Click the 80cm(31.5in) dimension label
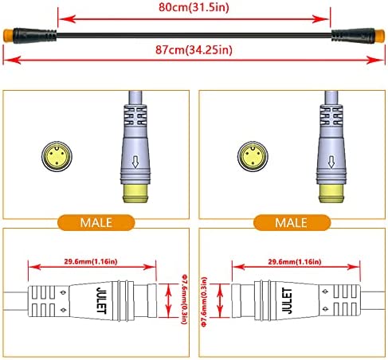pyautogui.click(x=194, y=7)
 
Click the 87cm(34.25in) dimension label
pyautogui.click(x=194, y=49)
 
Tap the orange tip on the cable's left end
pyautogui.click(x=8, y=35)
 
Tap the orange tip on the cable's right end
pyautogui.click(x=380, y=35)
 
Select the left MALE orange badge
pyautogui.click(x=96, y=222)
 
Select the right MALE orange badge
pyautogui.click(x=292, y=222)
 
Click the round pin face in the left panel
pyautogui.click(x=57, y=156)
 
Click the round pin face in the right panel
pyautogui.click(x=253, y=156)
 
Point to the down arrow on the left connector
pyautogui.click(x=135, y=162)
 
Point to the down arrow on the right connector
pyautogui.click(x=331, y=162)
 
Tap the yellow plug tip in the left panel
pyautogui.click(x=135, y=194)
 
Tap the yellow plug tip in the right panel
pyautogui.click(x=331, y=194)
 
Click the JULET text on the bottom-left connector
pyautogui.click(x=102, y=300)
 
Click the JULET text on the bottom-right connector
pyautogui.click(x=287, y=301)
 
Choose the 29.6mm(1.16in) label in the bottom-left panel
pyautogui.click(x=91, y=261)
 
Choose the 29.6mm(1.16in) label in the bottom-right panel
pyautogui.click(x=295, y=262)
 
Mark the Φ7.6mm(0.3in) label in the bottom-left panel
pyautogui.click(x=184, y=299)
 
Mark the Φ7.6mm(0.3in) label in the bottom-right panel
pyautogui.click(x=204, y=302)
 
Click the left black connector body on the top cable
pyautogui.click(x=35, y=35)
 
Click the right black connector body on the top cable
pyautogui.click(x=353, y=35)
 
